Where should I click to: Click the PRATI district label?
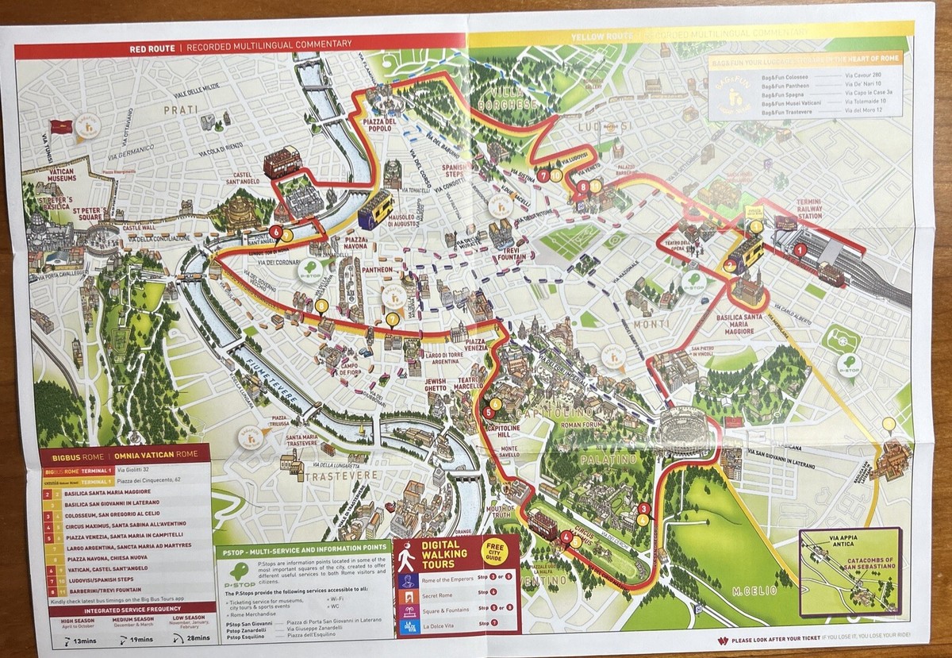180,110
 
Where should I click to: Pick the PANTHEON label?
375,270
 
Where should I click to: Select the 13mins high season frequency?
83,640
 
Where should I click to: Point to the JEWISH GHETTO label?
436,383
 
